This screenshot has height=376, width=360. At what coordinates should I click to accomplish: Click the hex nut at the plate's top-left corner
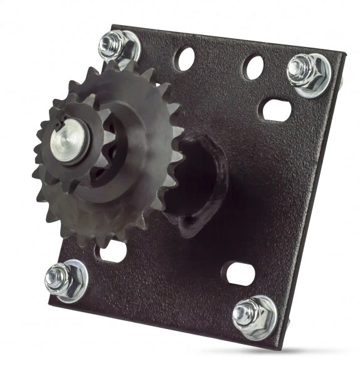pyautogui.click(x=117, y=44)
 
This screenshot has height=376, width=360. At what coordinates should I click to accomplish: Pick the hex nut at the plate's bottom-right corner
pyautogui.click(x=252, y=314)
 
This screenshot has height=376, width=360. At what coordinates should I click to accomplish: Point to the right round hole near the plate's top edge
pyautogui.click(x=253, y=67)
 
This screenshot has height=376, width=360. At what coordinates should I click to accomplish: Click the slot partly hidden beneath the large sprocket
pyautogui.click(x=114, y=253)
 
